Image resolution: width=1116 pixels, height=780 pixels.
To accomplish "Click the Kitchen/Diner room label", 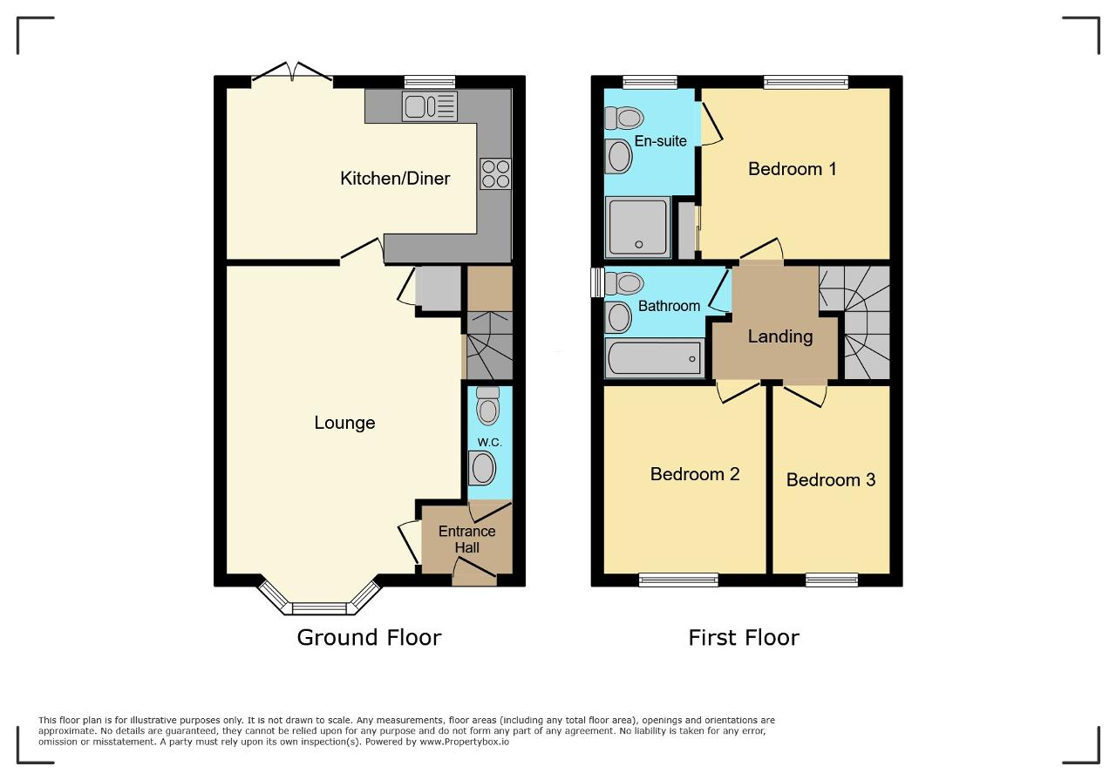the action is tap(395, 179).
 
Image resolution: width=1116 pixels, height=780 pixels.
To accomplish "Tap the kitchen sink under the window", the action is tap(430, 106).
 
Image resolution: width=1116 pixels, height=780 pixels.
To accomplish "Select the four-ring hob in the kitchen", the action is tap(495, 173).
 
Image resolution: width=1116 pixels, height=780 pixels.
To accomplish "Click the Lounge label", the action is tap(344, 423).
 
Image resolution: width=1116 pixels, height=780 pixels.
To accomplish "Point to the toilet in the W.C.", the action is tap(487, 405).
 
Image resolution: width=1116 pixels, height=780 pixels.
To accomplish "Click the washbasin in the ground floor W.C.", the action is tap(482, 468).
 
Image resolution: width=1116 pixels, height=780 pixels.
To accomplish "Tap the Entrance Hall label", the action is tap(466, 539).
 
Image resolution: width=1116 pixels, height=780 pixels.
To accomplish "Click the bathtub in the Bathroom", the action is tap(654, 357).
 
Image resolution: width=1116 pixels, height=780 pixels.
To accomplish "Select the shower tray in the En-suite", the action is tap(637, 227).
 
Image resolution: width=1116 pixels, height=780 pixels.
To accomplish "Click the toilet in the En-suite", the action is tap(623, 118).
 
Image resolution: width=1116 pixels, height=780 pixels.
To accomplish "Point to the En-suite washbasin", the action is tap(618, 156).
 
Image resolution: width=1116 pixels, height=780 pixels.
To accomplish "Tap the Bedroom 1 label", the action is tap(793, 169).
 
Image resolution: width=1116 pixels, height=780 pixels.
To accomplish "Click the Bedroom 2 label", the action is tap(695, 474).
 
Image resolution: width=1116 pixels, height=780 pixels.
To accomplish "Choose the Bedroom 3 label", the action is tap(831, 479).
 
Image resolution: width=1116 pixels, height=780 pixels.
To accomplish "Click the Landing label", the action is tap(780, 336).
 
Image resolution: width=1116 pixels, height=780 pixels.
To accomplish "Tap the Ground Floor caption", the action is tap(369, 638).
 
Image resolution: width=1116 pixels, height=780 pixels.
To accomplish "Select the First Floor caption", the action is tap(744, 638).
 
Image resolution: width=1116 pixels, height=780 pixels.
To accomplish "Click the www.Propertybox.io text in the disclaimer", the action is tap(465, 742).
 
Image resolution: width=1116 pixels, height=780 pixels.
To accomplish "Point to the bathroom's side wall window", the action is tap(597, 282).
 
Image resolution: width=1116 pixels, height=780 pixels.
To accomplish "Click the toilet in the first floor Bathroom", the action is tap(623, 283).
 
